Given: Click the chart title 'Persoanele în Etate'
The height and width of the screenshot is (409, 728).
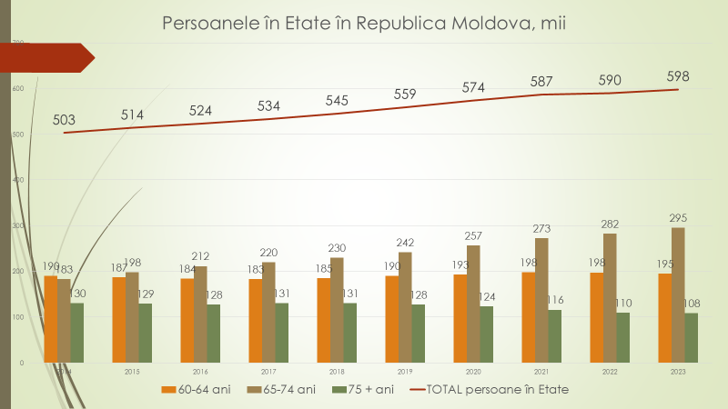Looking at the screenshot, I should tap(364, 21).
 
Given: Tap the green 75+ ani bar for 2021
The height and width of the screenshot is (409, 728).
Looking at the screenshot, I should tap(554, 335).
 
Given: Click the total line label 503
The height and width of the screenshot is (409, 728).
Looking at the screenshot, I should tap(64, 119).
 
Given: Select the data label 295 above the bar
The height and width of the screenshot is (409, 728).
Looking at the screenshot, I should tap(678, 217).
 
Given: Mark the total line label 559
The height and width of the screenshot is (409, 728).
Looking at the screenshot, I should tap(405, 94).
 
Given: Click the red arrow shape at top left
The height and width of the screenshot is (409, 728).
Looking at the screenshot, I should tap(50, 57).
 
